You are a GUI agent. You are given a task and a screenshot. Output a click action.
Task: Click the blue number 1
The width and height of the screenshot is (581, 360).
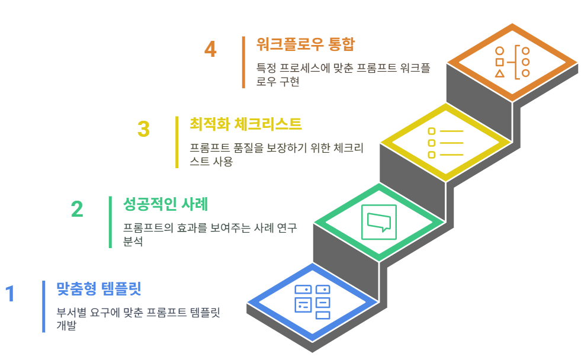pyautogui.click(x=10, y=294)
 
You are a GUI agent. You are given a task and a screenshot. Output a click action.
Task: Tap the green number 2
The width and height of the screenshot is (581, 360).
pyautogui.click(x=77, y=209)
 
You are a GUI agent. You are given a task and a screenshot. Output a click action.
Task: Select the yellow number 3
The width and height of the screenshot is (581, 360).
pyautogui.click(x=143, y=128)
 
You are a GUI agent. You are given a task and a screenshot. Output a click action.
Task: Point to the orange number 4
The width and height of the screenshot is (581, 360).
pyautogui.click(x=210, y=49)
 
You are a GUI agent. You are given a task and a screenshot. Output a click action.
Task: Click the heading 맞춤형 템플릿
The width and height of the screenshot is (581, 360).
pyautogui.click(x=98, y=289)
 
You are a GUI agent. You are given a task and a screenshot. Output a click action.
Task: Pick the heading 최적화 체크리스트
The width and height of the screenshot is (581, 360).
pyautogui.click(x=246, y=124)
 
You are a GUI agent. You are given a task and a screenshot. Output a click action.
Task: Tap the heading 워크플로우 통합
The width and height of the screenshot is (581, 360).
pyautogui.click(x=306, y=44)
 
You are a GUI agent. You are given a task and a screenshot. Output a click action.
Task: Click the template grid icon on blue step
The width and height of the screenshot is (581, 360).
pyautogui.click(x=312, y=301)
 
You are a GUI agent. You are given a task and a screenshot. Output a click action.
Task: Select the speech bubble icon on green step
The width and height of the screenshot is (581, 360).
pyautogui.click(x=379, y=221)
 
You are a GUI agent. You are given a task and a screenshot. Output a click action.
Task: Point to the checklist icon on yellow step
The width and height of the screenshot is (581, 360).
pyautogui.click(x=445, y=143)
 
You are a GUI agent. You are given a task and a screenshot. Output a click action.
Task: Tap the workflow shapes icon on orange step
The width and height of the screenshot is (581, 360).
pyautogui.click(x=512, y=62)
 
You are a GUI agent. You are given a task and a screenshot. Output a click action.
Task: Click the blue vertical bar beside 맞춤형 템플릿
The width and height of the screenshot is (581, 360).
pyautogui.click(x=44, y=306)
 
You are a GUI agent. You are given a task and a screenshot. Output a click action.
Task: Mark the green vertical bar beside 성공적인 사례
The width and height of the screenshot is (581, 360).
pyautogui.click(x=110, y=221)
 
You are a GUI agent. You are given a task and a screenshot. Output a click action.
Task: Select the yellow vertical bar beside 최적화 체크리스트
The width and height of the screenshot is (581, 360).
pyautogui.click(x=176, y=142)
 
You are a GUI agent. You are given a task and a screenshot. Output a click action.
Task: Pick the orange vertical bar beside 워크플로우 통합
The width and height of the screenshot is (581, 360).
pyautogui.click(x=243, y=62)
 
